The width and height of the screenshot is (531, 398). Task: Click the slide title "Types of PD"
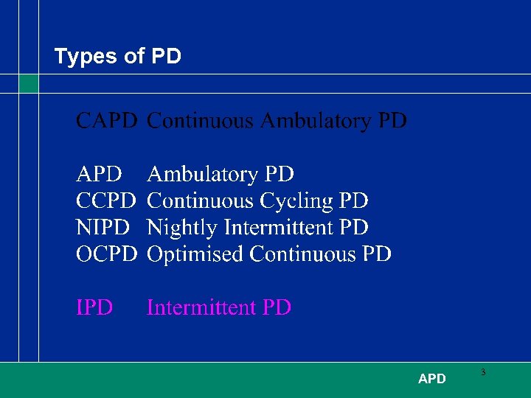[118, 57]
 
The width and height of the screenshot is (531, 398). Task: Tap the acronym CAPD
[107, 121]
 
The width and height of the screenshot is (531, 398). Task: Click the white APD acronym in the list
[100, 175]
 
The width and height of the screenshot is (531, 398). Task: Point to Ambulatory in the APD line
[204, 175]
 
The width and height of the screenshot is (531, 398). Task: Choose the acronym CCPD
[107, 201]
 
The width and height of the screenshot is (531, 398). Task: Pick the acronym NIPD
[103, 228]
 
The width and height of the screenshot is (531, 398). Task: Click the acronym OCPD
[107, 254]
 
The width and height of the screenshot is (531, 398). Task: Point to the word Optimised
[195, 254]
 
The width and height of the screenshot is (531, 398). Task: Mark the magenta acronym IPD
[94, 307]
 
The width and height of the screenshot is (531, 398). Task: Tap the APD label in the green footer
[431, 379]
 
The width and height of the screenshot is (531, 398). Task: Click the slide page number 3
[483, 373]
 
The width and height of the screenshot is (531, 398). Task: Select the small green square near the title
[29, 83]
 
